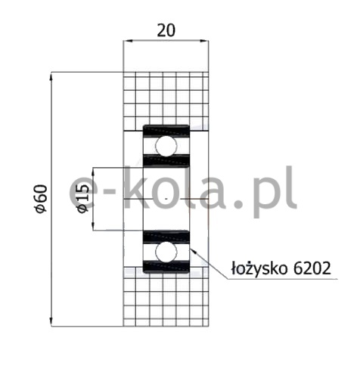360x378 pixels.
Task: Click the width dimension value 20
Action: (166, 30)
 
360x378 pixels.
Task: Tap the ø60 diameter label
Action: (42, 199)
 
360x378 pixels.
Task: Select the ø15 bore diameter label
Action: (83, 198)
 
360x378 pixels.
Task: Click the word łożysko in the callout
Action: (259, 269)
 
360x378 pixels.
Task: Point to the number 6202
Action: (312, 268)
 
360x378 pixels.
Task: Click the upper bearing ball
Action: (166, 146)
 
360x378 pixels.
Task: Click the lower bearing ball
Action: (166, 252)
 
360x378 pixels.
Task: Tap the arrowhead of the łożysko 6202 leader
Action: (193, 251)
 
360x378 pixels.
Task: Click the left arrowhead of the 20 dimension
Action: (128, 40)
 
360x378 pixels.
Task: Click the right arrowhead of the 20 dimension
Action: (204, 40)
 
